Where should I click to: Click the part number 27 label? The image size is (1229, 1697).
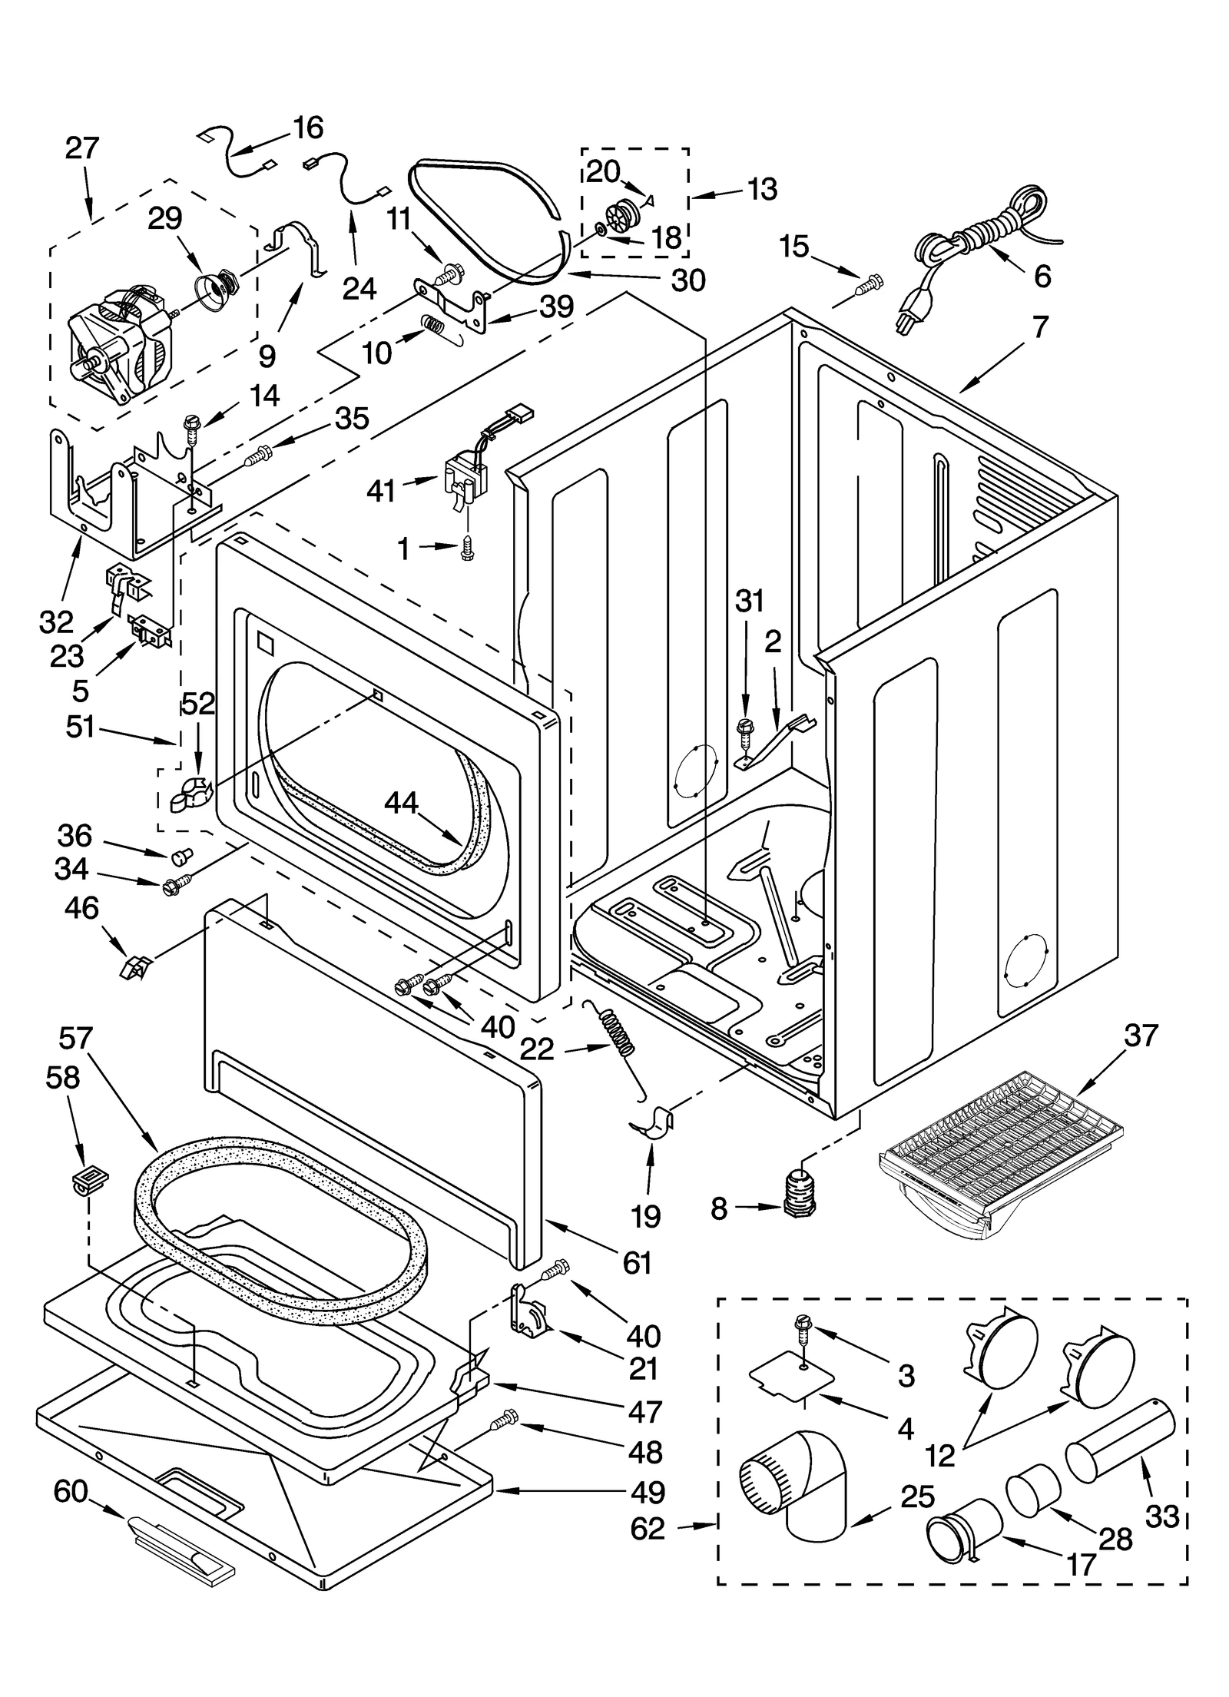pyautogui.click(x=82, y=147)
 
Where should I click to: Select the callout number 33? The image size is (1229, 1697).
pyautogui.click(x=1161, y=1517)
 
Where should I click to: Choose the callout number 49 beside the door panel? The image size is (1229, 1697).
pyautogui.click(x=647, y=1493)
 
